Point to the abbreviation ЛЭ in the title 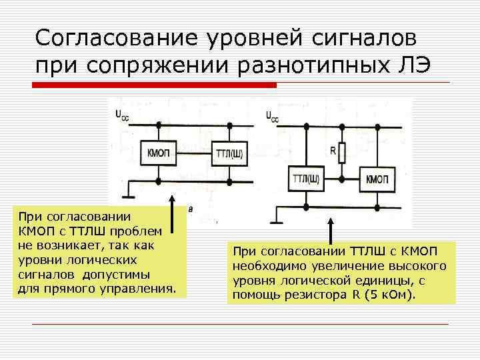(x=415, y=65)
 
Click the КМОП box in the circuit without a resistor (x=159, y=153)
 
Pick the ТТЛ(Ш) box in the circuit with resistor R (x=306, y=179)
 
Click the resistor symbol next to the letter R (x=342, y=153)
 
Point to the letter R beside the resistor (x=333, y=151)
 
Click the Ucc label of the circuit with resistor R (x=273, y=117)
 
